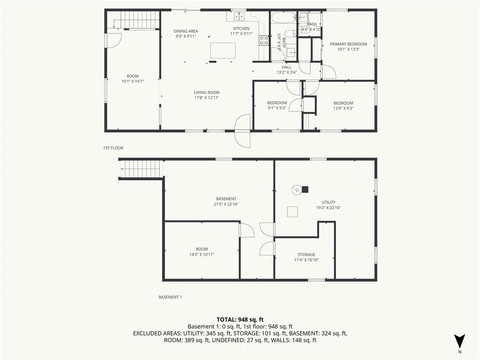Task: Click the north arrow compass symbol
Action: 459,341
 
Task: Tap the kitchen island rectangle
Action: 223,51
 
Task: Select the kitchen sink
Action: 239,16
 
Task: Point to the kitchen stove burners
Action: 264,40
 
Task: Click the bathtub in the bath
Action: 284,17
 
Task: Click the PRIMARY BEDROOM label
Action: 348,44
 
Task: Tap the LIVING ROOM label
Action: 207,92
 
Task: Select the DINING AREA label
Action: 186,31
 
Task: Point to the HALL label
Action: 287,67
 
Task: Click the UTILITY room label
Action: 329,202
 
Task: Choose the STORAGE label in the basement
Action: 307,255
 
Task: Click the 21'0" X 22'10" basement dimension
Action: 226,204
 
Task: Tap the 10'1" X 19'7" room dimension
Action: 133,82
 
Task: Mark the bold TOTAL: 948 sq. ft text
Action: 240,320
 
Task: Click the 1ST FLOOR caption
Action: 113,148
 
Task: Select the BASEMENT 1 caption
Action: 170,297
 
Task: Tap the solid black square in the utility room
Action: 305,189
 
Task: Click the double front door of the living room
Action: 242,131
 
